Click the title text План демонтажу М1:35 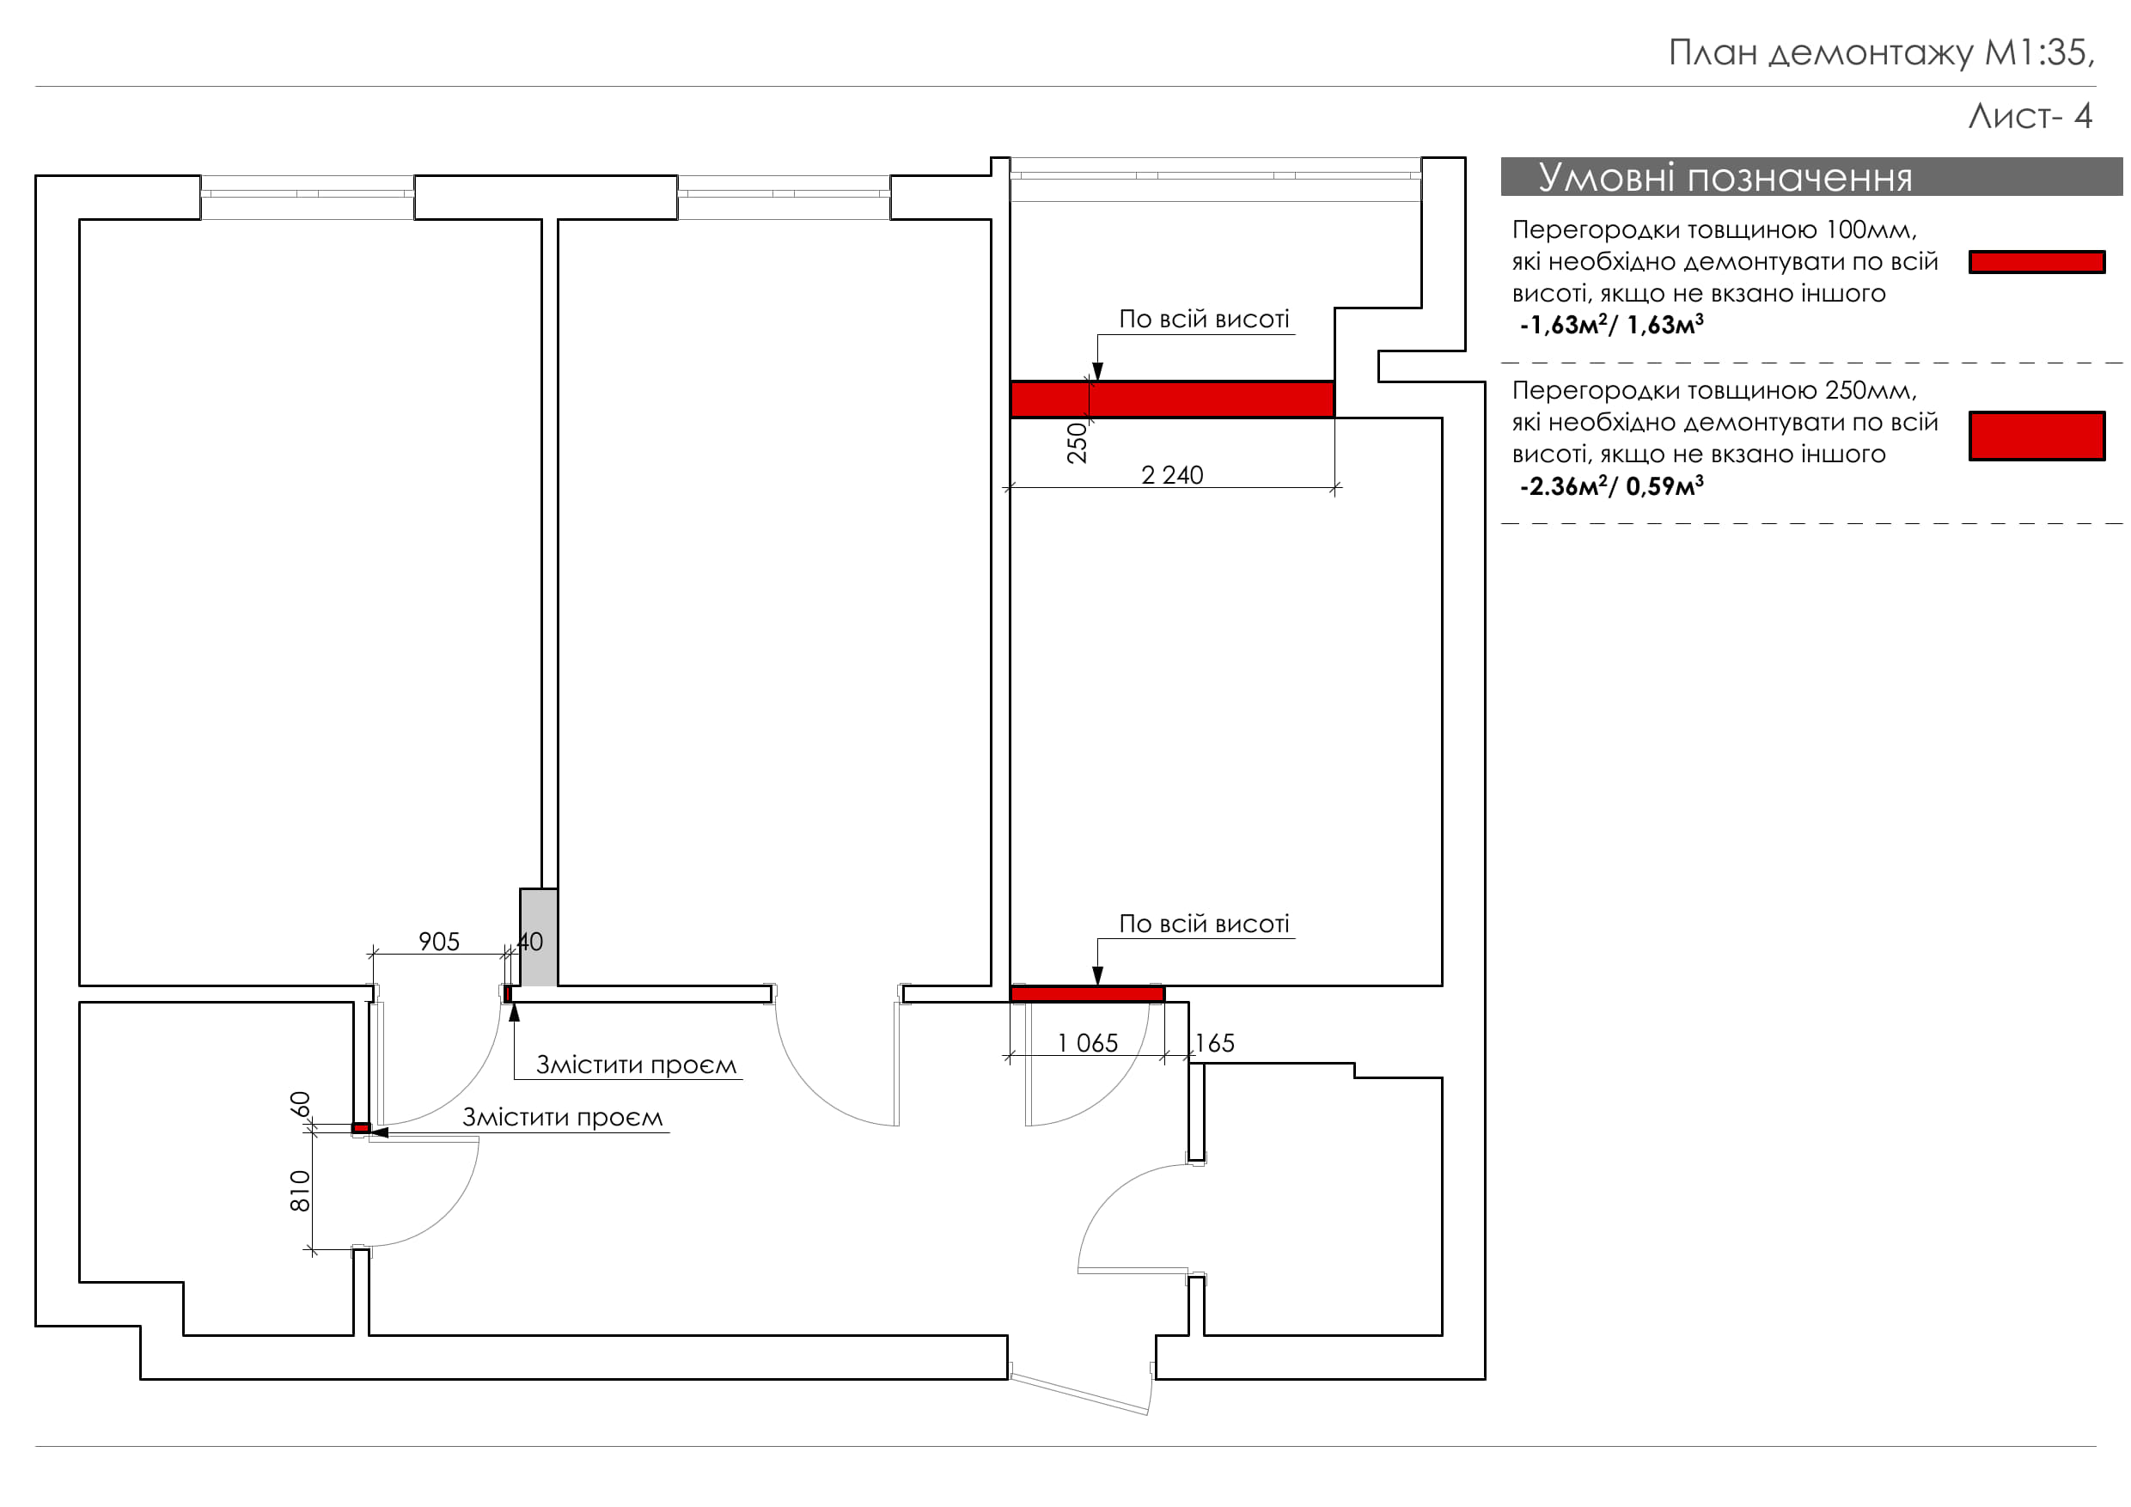1879,53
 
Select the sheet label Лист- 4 2030,116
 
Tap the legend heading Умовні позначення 1725,177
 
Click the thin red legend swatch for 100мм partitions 2036,263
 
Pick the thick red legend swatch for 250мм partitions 2036,436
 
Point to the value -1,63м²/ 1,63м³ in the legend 1611,325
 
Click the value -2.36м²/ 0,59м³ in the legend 1611,486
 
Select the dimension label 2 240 1171,475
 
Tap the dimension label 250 1077,442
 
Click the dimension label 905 439,942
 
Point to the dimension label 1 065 1088,1043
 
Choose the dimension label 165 1214,1043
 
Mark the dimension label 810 300,1191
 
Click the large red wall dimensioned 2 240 1171,399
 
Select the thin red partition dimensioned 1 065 1087,994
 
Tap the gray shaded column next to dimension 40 538,937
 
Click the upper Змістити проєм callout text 637,1065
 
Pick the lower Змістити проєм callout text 563,1117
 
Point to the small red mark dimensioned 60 360,1128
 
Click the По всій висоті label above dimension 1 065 1204,924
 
